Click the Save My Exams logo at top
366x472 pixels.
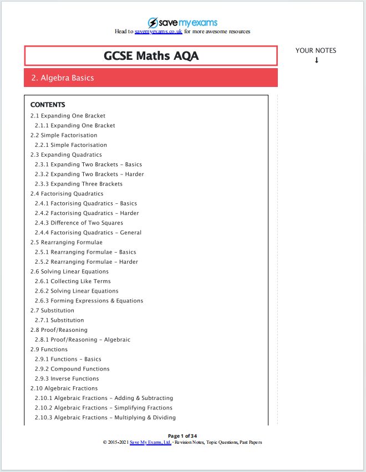182,23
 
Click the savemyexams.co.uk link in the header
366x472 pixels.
158,32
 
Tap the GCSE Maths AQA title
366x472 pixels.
151,56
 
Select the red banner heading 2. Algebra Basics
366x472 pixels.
63,78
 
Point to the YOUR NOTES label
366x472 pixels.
316,50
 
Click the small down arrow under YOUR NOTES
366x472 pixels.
317,60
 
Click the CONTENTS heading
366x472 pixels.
48,105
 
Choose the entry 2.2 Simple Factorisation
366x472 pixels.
64,135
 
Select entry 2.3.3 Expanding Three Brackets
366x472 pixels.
79,184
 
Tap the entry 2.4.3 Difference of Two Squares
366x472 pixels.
79,223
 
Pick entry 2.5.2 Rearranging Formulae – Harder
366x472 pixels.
87,262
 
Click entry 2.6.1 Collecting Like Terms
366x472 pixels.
73,281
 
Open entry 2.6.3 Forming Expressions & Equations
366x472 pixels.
89,301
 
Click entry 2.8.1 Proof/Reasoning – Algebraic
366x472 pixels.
83,340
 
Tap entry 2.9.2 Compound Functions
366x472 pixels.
72,369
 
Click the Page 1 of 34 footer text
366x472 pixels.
182,436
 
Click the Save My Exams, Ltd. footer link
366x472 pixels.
150,443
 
